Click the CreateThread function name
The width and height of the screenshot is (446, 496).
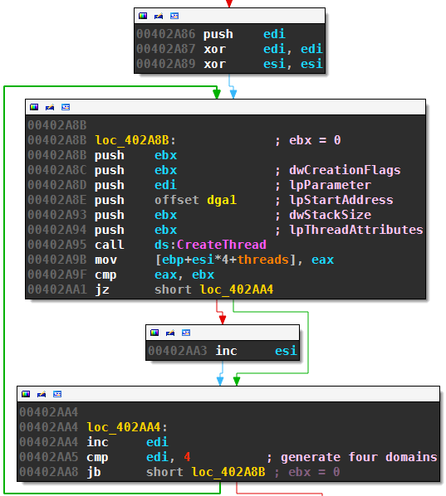click(x=222, y=245)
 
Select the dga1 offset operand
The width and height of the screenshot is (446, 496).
click(x=222, y=200)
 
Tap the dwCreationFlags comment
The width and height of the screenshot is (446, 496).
click(x=345, y=171)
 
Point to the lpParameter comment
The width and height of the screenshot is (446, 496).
click(x=330, y=185)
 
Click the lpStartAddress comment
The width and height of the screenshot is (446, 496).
click(x=341, y=200)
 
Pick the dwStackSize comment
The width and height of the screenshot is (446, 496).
click(x=330, y=215)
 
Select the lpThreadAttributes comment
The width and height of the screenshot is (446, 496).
click(x=356, y=230)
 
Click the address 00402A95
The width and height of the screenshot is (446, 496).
click(x=57, y=245)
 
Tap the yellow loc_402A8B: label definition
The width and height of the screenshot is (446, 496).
click(x=135, y=140)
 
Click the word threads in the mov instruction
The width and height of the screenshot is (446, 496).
click(x=263, y=260)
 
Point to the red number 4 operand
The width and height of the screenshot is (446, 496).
click(x=187, y=457)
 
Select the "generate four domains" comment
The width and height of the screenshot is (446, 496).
click(x=359, y=457)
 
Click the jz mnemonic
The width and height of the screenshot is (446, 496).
click(x=102, y=289)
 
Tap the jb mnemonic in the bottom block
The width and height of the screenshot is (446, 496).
click(x=94, y=472)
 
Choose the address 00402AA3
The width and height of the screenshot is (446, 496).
click(x=178, y=351)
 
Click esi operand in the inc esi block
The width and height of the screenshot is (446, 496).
click(x=286, y=351)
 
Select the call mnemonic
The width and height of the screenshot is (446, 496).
click(x=110, y=245)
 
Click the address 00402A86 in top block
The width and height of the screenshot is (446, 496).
click(x=166, y=34)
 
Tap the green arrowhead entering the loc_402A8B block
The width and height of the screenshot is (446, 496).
click(x=217, y=95)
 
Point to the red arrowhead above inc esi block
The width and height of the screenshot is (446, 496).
click(x=223, y=320)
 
